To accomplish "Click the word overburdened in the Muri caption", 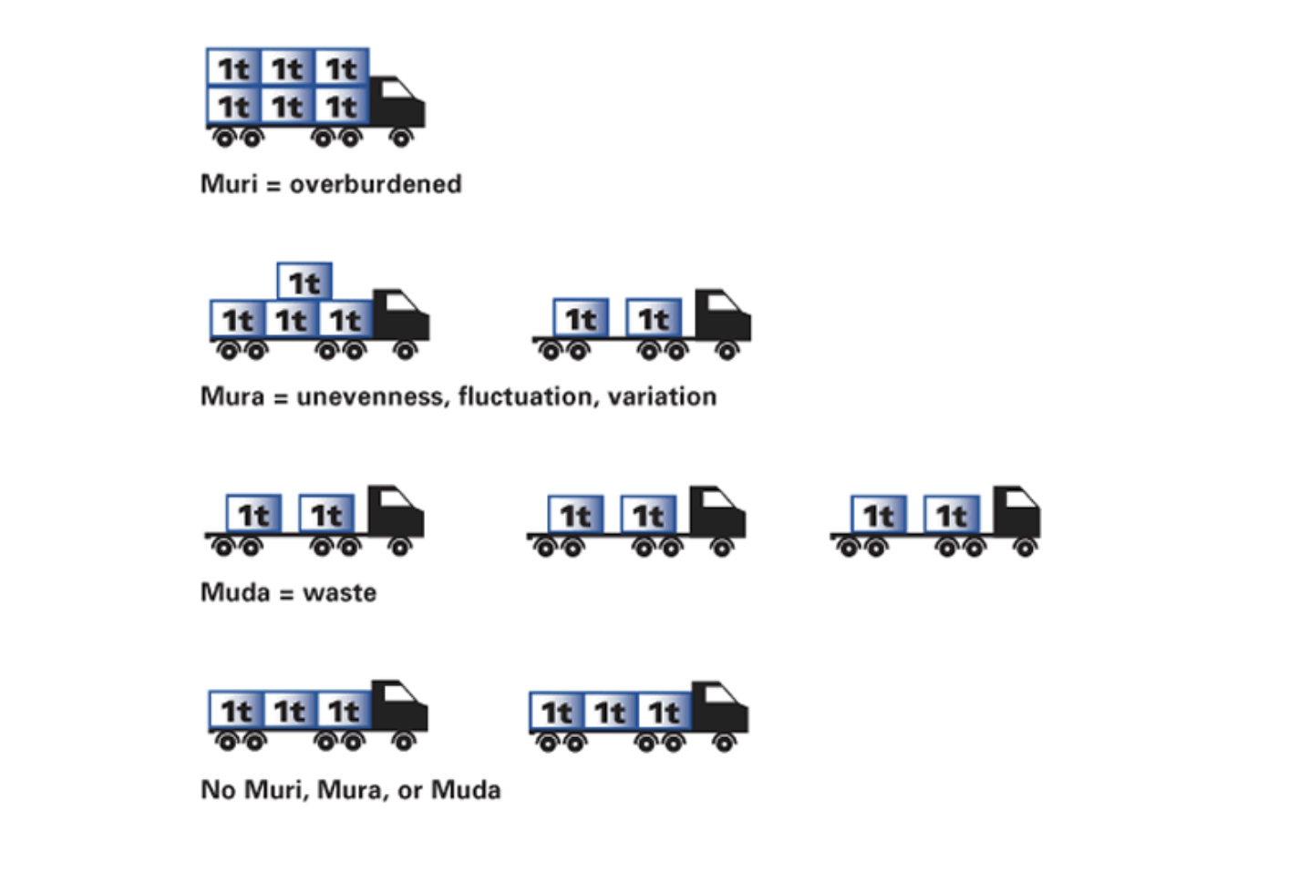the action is pyautogui.click(x=376, y=184).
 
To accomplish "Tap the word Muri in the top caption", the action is pyautogui.click(x=229, y=184).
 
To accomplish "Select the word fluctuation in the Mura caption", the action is pyautogui.click(x=529, y=396).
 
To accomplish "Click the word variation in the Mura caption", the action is pyautogui.click(x=662, y=396).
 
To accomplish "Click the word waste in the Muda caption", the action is pyautogui.click(x=339, y=592).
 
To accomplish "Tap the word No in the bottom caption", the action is pyautogui.click(x=218, y=789).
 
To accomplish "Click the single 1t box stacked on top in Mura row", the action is pyautogui.click(x=304, y=282).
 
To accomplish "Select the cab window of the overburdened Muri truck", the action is pyautogui.click(x=397, y=88).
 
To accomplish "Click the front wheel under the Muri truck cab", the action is pyautogui.click(x=401, y=138).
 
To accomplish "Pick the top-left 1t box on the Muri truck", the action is pyautogui.click(x=233, y=67).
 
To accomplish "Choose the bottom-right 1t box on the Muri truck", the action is pyautogui.click(x=342, y=106).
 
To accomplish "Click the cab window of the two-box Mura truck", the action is pyautogui.click(x=723, y=303).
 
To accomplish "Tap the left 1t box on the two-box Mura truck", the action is pyautogui.click(x=581, y=318).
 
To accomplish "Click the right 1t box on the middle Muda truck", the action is pyautogui.click(x=648, y=515).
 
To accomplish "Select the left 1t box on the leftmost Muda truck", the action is pyautogui.click(x=253, y=514).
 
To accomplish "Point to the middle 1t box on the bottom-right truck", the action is pyautogui.click(x=610, y=712).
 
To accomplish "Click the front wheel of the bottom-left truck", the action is pyautogui.click(x=404, y=742).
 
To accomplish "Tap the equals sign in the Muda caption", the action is pyautogui.click(x=286, y=593).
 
